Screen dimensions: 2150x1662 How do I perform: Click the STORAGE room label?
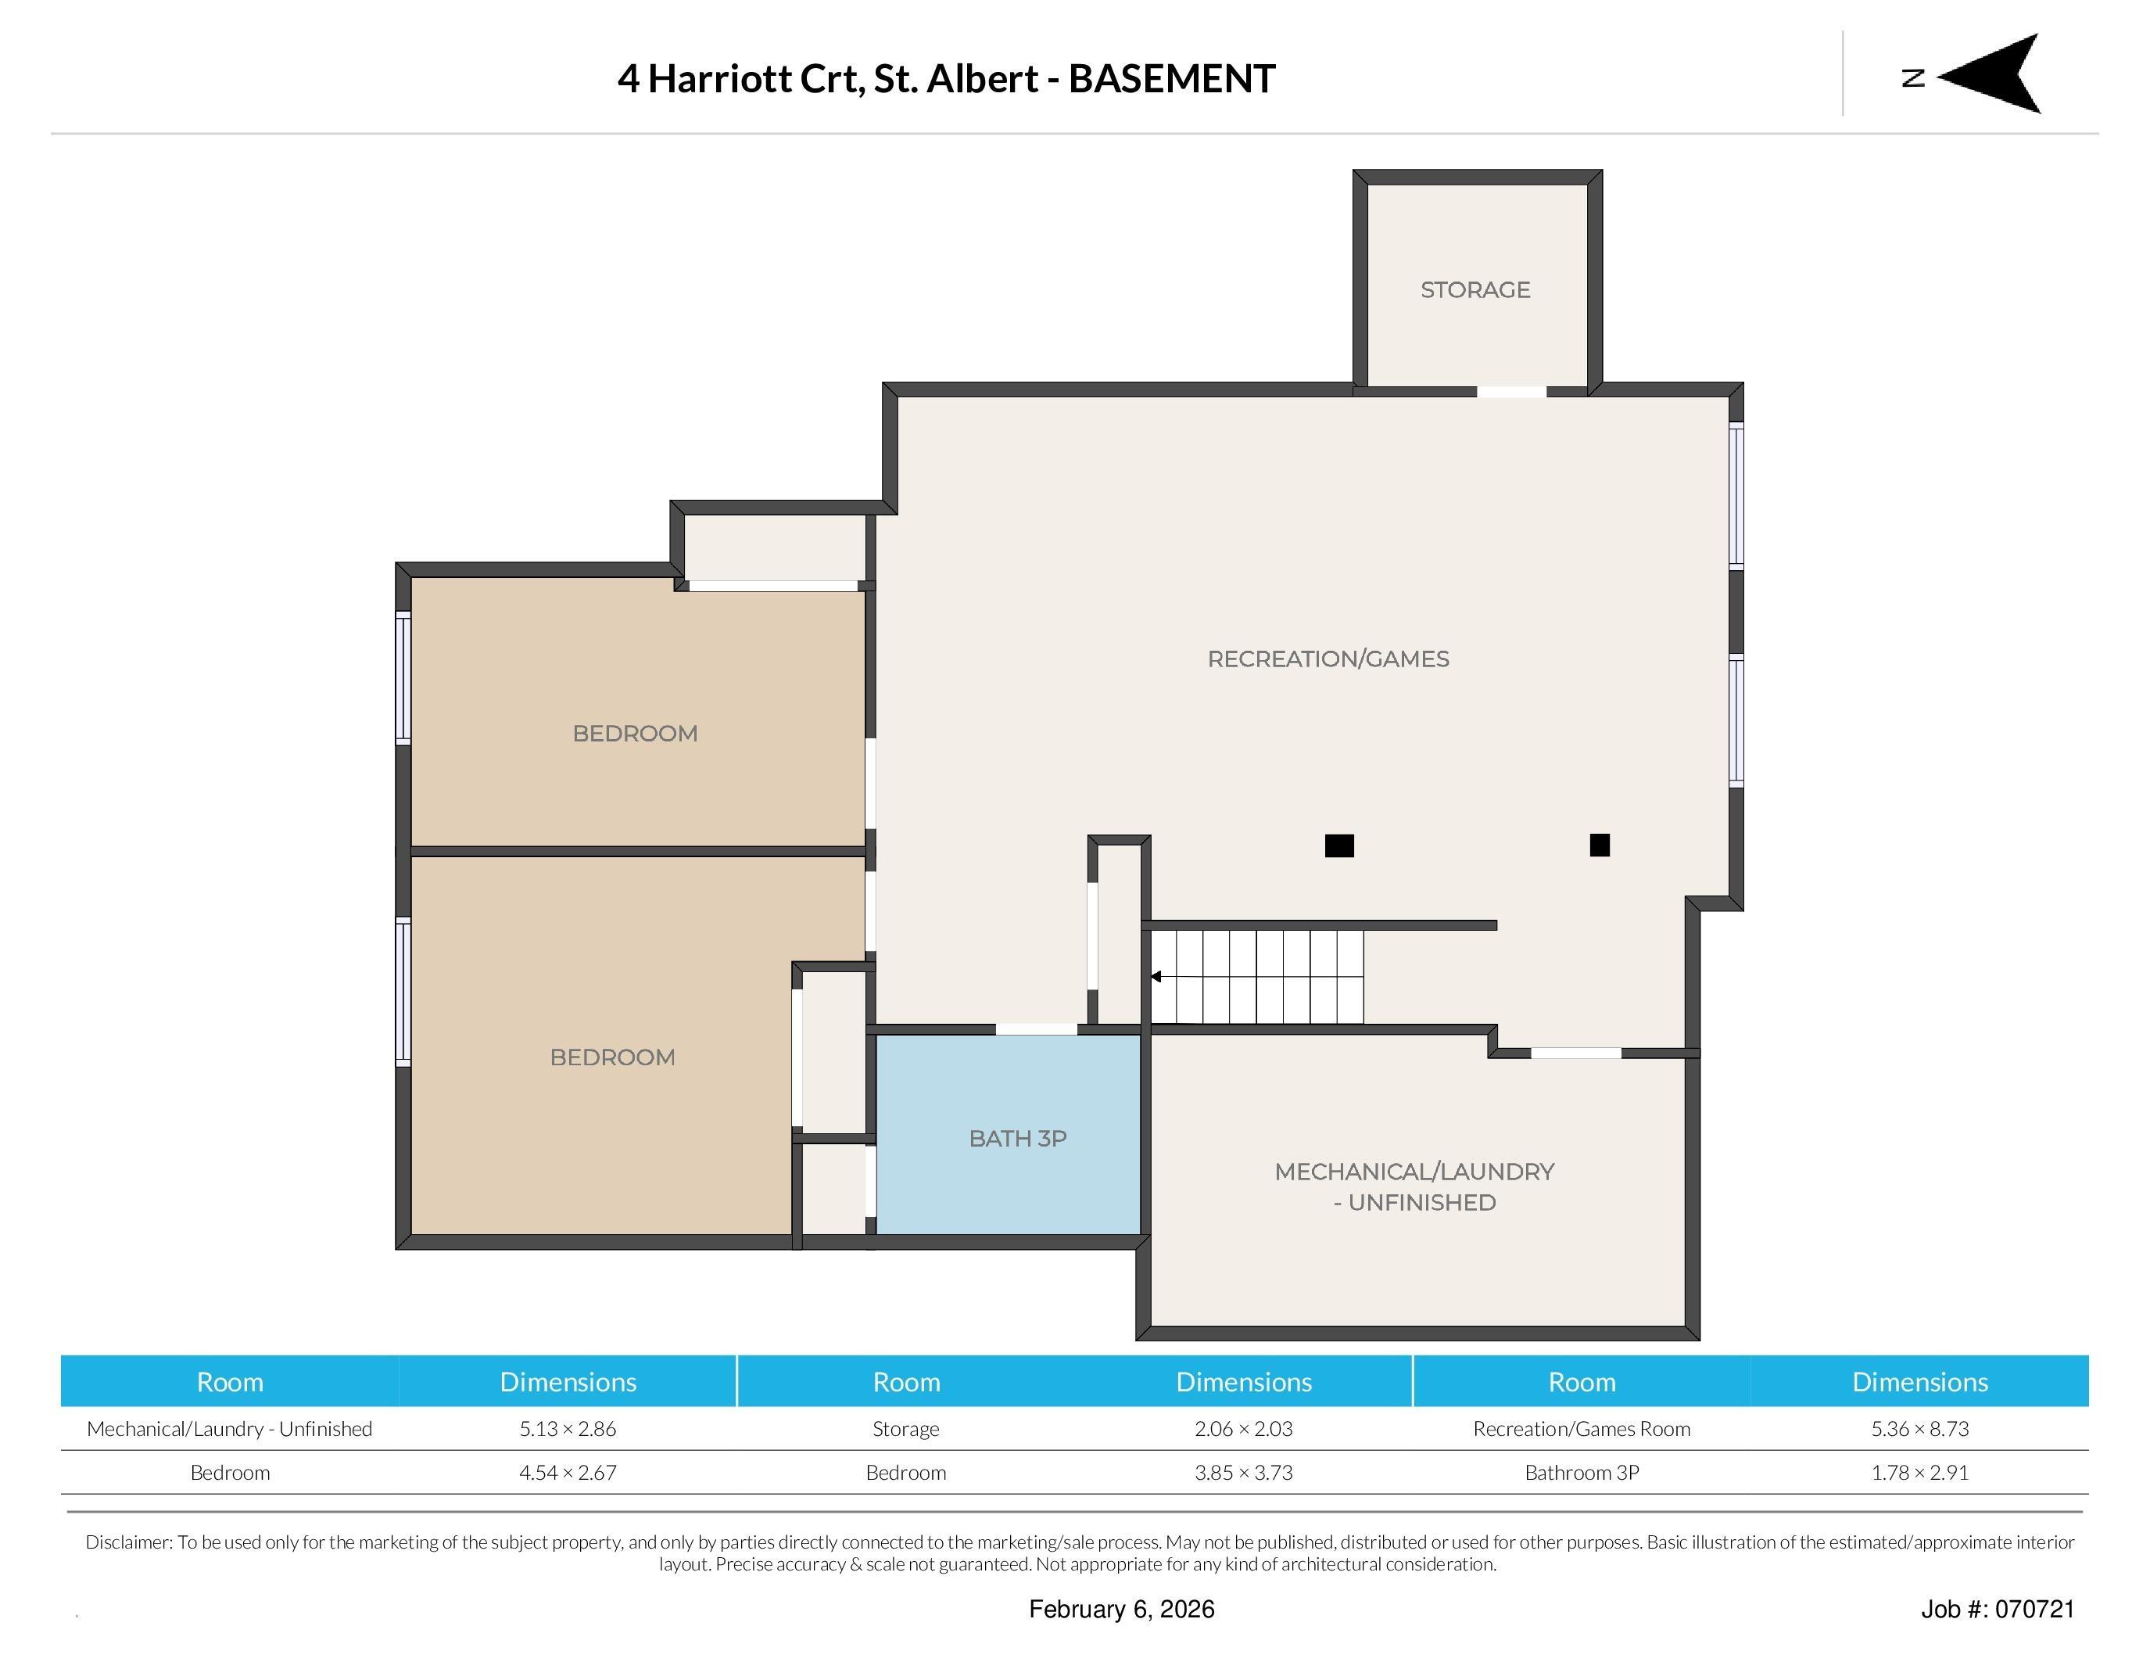(x=1475, y=289)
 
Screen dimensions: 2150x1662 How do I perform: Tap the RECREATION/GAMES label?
(x=1328, y=659)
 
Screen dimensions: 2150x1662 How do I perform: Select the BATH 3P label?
(x=1018, y=1138)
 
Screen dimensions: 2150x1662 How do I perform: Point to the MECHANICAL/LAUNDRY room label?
(x=1414, y=1186)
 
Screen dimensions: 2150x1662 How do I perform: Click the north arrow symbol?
(x=1988, y=74)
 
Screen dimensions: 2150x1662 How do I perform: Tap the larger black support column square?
(x=1338, y=845)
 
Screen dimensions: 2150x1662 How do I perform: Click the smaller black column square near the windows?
(x=1600, y=845)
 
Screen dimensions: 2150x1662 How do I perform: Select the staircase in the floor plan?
(x=1257, y=977)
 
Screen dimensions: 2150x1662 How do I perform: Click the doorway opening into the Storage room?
(x=1511, y=392)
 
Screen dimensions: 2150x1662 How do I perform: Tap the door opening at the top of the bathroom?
(x=1036, y=1029)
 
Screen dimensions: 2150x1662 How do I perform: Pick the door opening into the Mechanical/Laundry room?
(x=1576, y=1054)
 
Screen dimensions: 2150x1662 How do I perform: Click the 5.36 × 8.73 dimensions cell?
(x=1919, y=1429)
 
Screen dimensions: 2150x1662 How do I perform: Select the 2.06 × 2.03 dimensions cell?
(x=1243, y=1429)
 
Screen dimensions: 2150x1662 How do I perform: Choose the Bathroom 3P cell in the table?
(x=1582, y=1473)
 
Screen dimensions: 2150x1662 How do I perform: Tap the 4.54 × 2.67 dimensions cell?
(x=568, y=1473)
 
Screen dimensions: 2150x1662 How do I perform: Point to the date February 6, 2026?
(x=1121, y=1609)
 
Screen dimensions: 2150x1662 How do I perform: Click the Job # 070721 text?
(x=1998, y=1609)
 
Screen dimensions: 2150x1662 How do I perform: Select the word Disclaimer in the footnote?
(x=129, y=1542)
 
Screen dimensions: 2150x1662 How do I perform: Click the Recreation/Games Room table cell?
(x=1582, y=1429)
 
